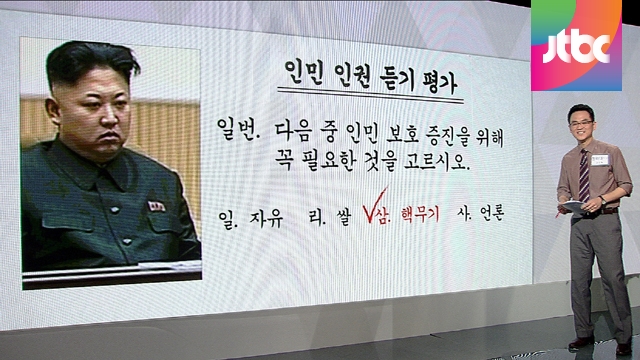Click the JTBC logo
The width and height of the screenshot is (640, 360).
coord(576,45)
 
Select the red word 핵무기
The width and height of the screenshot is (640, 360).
coord(420,214)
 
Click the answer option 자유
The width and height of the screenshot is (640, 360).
coord(267,218)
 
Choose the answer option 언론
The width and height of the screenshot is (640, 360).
coord(492,213)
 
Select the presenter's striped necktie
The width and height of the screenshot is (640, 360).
coord(584,176)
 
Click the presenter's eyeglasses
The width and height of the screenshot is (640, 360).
coord(581,123)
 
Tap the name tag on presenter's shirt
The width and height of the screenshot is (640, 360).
coord(600,160)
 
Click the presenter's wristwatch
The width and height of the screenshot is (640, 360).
coord(602,200)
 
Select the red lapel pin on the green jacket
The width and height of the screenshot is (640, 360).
coord(156,207)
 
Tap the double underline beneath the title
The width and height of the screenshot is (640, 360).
coord(371,94)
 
